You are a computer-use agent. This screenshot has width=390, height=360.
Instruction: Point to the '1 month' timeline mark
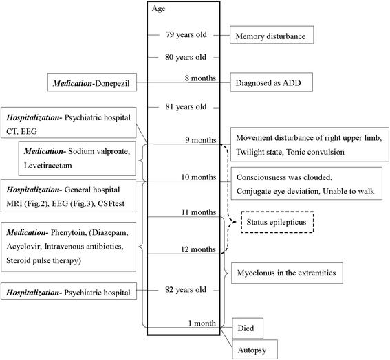click(x=200, y=322)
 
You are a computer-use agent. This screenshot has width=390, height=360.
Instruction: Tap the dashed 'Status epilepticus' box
click(x=275, y=223)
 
